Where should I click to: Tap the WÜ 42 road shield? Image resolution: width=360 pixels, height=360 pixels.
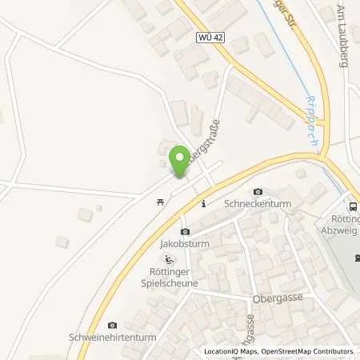pyautogui.click(x=209, y=38)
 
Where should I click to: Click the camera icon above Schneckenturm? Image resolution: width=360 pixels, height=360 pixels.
pyautogui.click(x=258, y=192)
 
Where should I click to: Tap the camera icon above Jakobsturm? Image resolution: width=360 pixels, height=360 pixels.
pyautogui.click(x=185, y=231)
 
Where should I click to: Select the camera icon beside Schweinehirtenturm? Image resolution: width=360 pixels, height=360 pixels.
pyautogui.click(x=111, y=325)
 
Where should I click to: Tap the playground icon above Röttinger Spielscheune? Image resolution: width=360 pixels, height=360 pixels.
pyautogui.click(x=169, y=259)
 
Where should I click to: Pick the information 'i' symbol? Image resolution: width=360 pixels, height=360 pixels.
pyautogui.click(x=204, y=203)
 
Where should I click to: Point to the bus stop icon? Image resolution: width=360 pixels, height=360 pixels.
pyautogui.click(x=353, y=206)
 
